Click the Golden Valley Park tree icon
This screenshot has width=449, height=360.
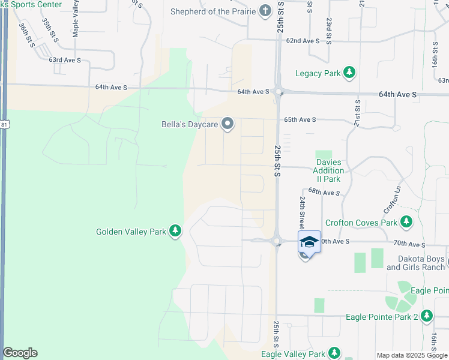[x=175, y=231]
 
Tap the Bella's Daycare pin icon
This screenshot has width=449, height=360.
[x=228, y=124]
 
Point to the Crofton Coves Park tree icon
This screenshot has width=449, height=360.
[x=406, y=223]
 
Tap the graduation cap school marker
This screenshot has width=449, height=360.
[x=309, y=242]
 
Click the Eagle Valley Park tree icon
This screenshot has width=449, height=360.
[x=334, y=353]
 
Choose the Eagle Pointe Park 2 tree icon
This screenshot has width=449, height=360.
[x=427, y=316]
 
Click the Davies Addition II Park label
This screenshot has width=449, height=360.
[x=328, y=170]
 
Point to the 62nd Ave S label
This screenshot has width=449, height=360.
[x=302, y=41]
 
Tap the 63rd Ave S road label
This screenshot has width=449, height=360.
[x=64, y=60]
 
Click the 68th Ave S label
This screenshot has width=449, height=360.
[x=324, y=193]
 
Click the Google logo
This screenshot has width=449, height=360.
[x=20, y=353]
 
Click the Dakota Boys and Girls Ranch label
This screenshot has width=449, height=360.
[x=414, y=263]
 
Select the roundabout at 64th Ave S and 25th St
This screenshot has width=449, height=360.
[x=279, y=92]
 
